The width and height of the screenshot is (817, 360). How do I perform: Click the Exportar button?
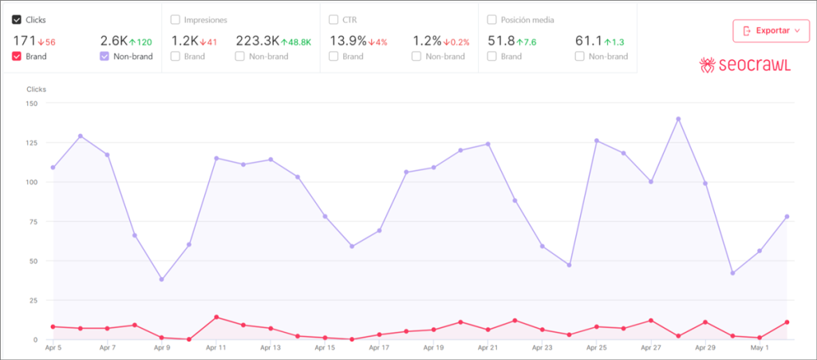tap(771, 31)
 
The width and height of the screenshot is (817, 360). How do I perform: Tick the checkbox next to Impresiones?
tap(175, 20)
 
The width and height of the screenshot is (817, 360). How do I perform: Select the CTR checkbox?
tap(334, 20)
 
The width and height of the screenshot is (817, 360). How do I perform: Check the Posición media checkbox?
tap(491, 20)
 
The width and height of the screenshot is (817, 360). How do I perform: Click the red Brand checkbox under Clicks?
tap(18, 57)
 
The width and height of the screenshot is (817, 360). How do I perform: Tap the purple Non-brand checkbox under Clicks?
tap(105, 57)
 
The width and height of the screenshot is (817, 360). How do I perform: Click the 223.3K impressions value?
tap(257, 40)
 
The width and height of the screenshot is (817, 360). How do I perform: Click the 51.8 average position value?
tap(501, 40)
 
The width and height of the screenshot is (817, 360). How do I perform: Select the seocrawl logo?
tap(744, 65)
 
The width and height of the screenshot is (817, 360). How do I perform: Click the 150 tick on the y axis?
tap(31, 104)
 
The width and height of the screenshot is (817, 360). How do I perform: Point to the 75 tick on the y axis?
tap(33, 222)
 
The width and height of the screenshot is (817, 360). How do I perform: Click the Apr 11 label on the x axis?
tap(216, 349)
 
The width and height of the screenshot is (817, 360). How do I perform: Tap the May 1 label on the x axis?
tap(759, 349)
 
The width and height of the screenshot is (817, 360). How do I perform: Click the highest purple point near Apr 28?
tap(678, 119)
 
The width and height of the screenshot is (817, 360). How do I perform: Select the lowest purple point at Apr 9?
tap(161, 279)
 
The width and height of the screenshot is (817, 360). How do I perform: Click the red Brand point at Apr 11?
tap(216, 318)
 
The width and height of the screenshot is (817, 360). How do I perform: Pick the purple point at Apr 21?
tap(487, 144)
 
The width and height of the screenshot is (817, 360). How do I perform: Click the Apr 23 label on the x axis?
tap(543, 349)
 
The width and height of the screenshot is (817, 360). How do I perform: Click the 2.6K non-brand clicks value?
tap(112, 40)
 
